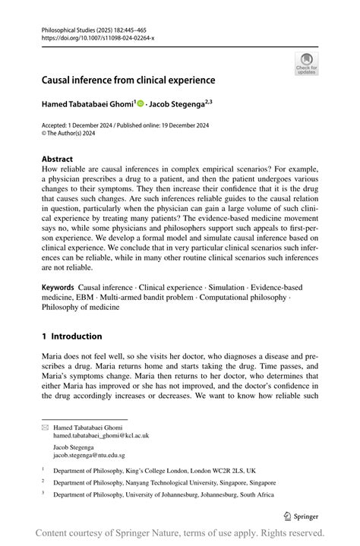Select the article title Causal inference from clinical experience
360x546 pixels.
(x=128, y=80)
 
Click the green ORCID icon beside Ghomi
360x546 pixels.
(x=141, y=103)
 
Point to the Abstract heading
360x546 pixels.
(x=58, y=159)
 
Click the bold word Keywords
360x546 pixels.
(x=58, y=288)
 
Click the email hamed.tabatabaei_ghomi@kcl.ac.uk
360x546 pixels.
(x=100, y=436)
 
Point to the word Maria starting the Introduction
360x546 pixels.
(x=53, y=355)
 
